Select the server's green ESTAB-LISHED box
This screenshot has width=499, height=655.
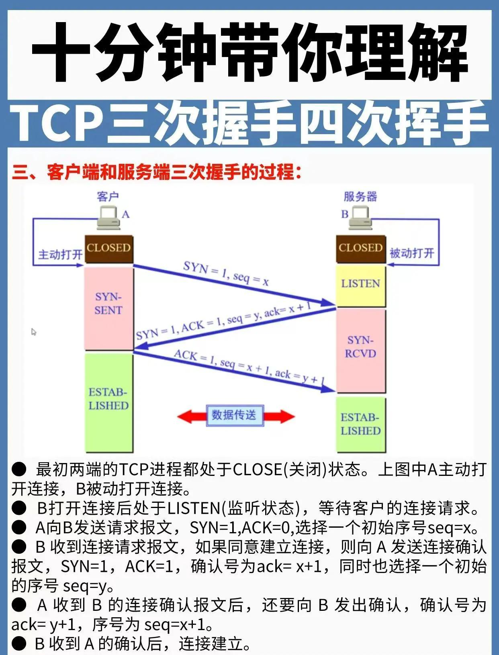click(360, 424)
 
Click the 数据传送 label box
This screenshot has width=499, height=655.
click(234, 415)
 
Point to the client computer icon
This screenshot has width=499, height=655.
click(109, 217)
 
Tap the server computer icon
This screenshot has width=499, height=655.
click(360, 217)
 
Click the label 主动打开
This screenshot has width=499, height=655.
click(60, 255)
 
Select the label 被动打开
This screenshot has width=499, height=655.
click(412, 253)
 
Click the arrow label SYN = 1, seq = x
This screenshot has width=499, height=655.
click(226, 273)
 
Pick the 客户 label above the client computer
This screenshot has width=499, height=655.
click(108, 196)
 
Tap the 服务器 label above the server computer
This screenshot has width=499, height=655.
click(360, 196)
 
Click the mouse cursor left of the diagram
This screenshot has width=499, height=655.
click(34, 332)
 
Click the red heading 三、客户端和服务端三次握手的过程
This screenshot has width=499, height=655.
click(157, 172)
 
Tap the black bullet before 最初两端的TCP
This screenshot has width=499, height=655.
click(19, 469)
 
